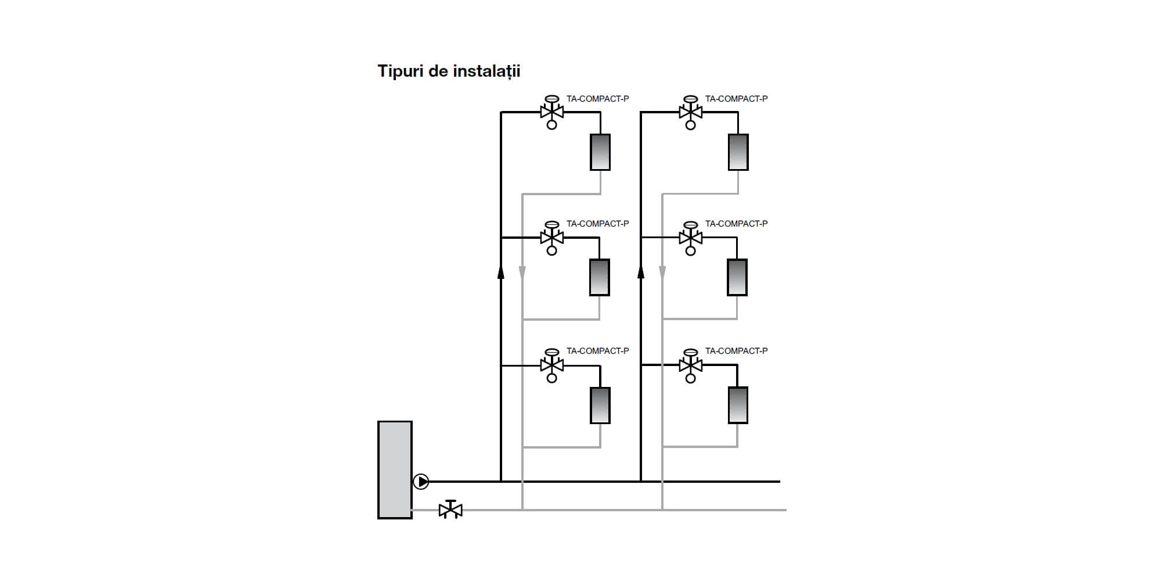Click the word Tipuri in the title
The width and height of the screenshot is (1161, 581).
[x=401, y=71]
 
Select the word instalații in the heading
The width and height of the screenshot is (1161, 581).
[x=486, y=71]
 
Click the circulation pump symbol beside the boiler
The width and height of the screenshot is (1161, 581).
[x=421, y=482]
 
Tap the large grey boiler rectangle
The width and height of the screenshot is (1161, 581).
[x=395, y=469]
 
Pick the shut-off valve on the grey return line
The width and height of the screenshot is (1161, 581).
[x=450, y=510]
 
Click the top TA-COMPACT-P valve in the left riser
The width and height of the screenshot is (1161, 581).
[x=551, y=112]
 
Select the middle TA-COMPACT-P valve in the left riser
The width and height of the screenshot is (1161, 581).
[x=551, y=238]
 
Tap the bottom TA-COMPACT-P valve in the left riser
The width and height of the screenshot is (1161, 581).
[x=551, y=365]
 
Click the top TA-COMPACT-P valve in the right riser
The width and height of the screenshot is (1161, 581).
[x=690, y=112]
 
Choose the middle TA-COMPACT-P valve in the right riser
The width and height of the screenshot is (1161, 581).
[x=690, y=238]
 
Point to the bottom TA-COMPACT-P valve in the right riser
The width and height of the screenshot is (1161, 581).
[x=690, y=365]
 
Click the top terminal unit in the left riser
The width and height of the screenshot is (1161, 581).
[x=600, y=152]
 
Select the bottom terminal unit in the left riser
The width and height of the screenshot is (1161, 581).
[x=600, y=405]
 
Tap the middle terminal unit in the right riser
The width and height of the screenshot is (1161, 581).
[x=737, y=277]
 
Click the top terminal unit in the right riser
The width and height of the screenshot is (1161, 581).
[x=738, y=152]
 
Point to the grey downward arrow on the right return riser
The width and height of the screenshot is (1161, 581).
[x=662, y=272]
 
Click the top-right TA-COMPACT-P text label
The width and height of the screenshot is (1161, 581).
[x=736, y=99]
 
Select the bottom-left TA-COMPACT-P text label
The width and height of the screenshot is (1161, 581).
[x=597, y=351]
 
